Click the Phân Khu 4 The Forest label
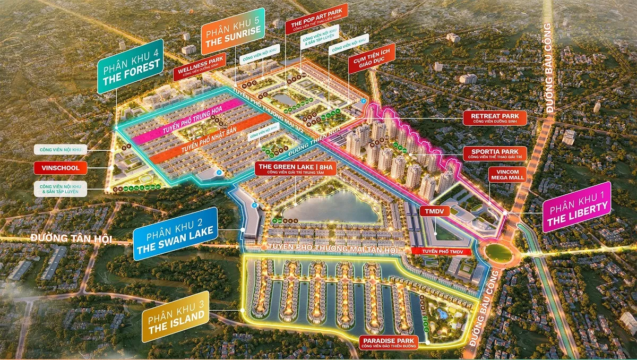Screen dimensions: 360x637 [x=130, y=67]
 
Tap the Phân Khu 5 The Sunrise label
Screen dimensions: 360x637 [x=231, y=39]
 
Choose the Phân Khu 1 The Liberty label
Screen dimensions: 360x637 [x=576, y=207]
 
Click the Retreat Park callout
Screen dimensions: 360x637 [x=495, y=118]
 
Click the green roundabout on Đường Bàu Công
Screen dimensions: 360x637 [x=498, y=253]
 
